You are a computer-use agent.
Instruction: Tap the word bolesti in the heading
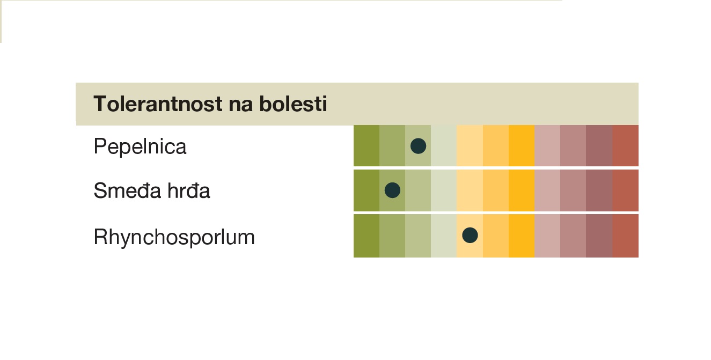[293, 104]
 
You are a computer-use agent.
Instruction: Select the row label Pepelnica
[140, 146]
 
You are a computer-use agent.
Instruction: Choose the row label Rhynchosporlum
[174, 237]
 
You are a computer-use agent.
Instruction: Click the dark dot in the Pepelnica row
[418, 146]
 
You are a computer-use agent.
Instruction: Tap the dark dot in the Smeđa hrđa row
[392, 190]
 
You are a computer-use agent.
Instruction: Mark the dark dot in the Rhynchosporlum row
[470, 235]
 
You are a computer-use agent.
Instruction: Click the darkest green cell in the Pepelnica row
[367, 145]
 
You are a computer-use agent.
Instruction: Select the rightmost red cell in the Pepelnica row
[625, 145]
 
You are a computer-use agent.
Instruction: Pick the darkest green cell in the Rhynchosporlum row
[367, 236]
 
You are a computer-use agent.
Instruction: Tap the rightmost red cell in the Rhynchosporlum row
[625, 236]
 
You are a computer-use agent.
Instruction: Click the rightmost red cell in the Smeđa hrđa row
[625, 190]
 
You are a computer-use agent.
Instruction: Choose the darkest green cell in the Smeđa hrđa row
[367, 190]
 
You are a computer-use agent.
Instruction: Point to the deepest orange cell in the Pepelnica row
[522, 145]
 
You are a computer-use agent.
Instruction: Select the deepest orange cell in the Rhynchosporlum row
[522, 236]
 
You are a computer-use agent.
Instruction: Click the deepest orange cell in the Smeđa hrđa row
[522, 190]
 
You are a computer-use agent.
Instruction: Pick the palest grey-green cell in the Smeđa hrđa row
[444, 190]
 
